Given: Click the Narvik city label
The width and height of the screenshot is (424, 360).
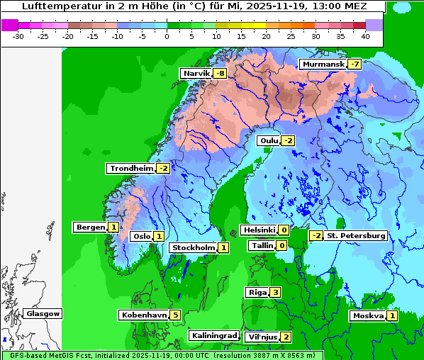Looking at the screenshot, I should [197, 73].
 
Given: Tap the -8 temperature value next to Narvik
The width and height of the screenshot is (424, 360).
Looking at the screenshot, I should [221, 73].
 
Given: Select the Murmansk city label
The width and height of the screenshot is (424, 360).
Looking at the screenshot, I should [323, 64].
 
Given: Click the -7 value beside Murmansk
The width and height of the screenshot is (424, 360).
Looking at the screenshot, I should [355, 64].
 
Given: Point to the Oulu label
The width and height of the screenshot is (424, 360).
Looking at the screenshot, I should [269, 140].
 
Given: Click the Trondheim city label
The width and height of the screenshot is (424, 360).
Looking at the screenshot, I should [131, 168].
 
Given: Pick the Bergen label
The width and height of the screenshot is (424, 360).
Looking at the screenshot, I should [90, 227].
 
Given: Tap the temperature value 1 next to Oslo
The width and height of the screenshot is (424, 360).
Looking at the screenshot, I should [159, 236].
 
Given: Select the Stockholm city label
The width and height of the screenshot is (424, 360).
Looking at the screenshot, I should [193, 247].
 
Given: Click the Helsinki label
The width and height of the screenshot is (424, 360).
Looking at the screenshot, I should [258, 230].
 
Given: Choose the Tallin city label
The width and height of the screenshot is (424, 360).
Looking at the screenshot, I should [262, 245].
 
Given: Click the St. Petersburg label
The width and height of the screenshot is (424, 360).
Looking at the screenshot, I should [355, 235].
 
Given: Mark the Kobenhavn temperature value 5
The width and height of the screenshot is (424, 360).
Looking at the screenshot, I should [175, 314].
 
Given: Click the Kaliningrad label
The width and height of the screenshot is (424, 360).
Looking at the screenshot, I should [213, 335].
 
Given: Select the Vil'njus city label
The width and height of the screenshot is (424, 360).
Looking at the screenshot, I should [261, 337].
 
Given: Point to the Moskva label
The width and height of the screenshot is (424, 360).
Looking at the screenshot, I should [368, 315].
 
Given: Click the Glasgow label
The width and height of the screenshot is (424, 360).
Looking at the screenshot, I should [43, 313].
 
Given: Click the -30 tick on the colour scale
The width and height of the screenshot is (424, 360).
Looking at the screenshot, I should [18, 35].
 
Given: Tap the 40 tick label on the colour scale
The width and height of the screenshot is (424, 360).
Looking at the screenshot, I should [365, 35].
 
